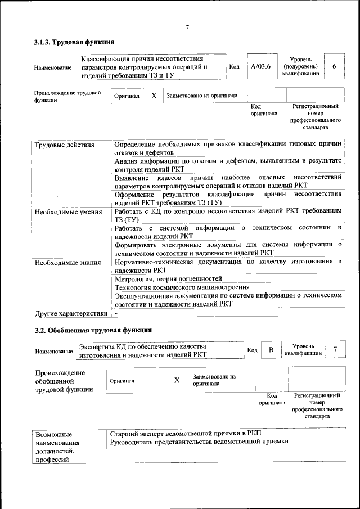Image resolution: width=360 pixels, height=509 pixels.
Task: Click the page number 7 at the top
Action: pyautogui.click(x=187, y=28)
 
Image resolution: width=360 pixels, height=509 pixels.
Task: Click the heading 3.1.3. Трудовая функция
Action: pyautogui.click(x=74, y=42)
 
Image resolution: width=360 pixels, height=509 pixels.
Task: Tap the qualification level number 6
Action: pyautogui.click(x=334, y=66)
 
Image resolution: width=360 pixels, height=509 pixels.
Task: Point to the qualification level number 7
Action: pyautogui.click(x=335, y=350)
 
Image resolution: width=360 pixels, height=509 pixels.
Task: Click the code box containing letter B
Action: pyautogui.click(x=271, y=350)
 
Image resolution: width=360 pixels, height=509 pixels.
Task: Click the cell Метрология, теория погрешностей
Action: pyautogui.click(x=168, y=278)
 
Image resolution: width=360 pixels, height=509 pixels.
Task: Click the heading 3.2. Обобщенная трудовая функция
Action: pyautogui.click(x=93, y=329)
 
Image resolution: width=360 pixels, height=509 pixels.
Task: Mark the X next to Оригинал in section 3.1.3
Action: pyautogui.click(x=154, y=96)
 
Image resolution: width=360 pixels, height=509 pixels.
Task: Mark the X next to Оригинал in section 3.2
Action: pyautogui.click(x=177, y=380)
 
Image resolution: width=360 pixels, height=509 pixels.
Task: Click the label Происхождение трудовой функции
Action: pyautogui.click(x=67, y=96)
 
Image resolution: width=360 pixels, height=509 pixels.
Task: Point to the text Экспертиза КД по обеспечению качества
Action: pyautogui.click(x=143, y=346)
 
